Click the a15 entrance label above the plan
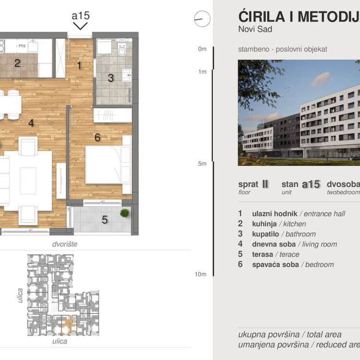[80, 16]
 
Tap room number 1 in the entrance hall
[79, 66]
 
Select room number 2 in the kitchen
[17, 63]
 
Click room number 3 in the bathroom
[110, 78]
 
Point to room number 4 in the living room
[31, 123]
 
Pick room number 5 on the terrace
[105, 220]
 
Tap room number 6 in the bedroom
[97, 137]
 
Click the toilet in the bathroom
[122, 49]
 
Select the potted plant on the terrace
[124, 213]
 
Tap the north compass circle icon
[202, 19]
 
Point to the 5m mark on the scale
[202, 163]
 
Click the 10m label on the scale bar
[200, 274]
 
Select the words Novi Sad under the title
[255, 30]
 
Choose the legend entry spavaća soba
[275, 264]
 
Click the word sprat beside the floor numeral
[248, 184]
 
